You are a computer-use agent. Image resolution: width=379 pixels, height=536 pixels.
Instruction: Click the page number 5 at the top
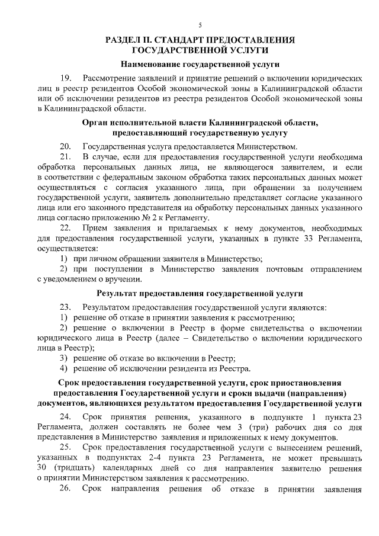click(200, 25)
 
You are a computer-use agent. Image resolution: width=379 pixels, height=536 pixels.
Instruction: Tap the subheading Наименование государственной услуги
click(200, 63)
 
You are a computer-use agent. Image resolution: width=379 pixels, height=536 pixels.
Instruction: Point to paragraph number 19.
click(66, 78)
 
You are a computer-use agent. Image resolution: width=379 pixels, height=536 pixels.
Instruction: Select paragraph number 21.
click(66, 156)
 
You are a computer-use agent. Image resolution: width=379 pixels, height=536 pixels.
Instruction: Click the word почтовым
click(286, 269)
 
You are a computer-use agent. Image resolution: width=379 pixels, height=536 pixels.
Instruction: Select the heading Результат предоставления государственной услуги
click(200, 293)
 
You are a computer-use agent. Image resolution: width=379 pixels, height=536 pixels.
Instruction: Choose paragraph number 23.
click(66, 307)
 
